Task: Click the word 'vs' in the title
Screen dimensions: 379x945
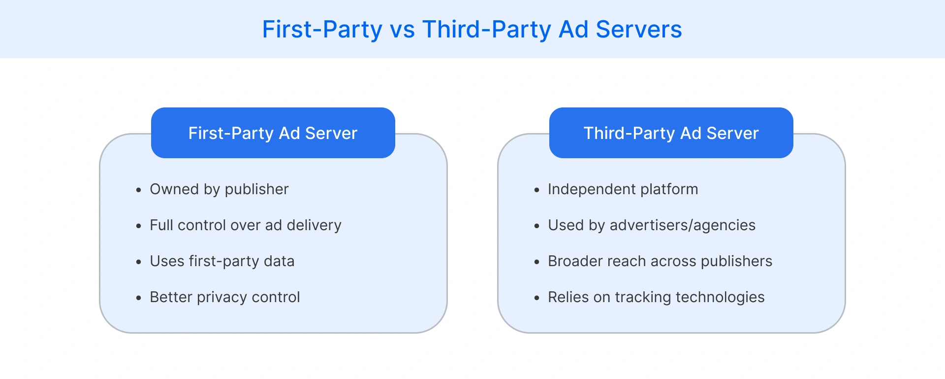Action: pyautogui.click(x=403, y=30)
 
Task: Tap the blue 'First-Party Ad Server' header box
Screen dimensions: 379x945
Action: pyautogui.click(x=273, y=133)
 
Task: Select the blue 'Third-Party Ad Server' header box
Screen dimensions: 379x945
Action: pyautogui.click(x=671, y=133)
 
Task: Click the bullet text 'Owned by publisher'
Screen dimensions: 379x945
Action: pyautogui.click(x=219, y=189)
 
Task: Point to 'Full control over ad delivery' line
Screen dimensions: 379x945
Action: pyautogui.click(x=245, y=225)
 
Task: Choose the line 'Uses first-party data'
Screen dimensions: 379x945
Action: pyautogui.click(x=222, y=261)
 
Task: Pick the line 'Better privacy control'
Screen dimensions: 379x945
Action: pyautogui.click(x=224, y=297)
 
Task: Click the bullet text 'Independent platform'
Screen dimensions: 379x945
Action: pyautogui.click(x=623, y=189)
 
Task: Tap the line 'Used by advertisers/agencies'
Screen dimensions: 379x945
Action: pyautogui.click(x=651, y=225)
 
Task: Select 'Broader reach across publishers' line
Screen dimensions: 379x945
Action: pyautogui.click(x=660, y=261)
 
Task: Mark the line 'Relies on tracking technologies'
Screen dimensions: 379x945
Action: pyautogui.click(x=656, y=297)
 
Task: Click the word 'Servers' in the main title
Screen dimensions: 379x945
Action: pyautogui.click(x=638, y=30)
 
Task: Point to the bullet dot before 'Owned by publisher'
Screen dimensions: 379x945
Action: pyautogui.click(x=139, y=190)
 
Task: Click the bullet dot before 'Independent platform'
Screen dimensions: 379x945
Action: pyautogui.click(x=537, y=190)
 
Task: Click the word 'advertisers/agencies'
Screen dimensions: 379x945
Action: pyautogui.click(x=682, y=226)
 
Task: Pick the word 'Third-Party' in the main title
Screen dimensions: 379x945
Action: pyautogui.click(x=487, y=30)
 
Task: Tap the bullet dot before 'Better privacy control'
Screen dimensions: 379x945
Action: pyautogui.click(x=139, y=298)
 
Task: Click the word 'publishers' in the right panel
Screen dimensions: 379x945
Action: pyautogui.click(x=736, y=262)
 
